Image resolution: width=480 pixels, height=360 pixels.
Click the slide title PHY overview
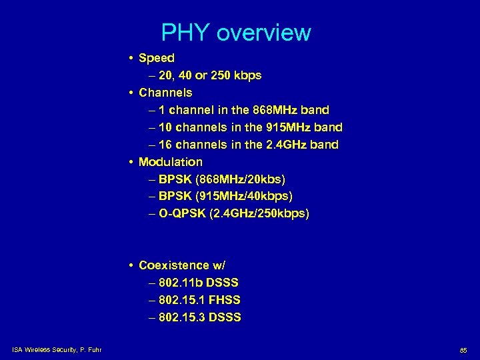[x=236, y=33]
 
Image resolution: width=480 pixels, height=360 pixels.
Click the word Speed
[x=157, y=58]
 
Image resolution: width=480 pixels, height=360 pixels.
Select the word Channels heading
[x=165, y=93]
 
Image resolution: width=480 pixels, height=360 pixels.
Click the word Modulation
[x=171, y=162]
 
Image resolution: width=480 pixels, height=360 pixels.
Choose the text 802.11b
[x=182, y=283]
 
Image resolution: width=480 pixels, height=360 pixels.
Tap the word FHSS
[x=224, y=300]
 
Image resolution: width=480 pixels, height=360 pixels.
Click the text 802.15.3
[x=182, y=317]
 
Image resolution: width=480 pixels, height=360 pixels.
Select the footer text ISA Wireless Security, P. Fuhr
[x=56, y=349]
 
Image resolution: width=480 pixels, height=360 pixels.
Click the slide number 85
[x=463, y=349]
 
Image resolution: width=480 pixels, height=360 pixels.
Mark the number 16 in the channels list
[x=166, y=145]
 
